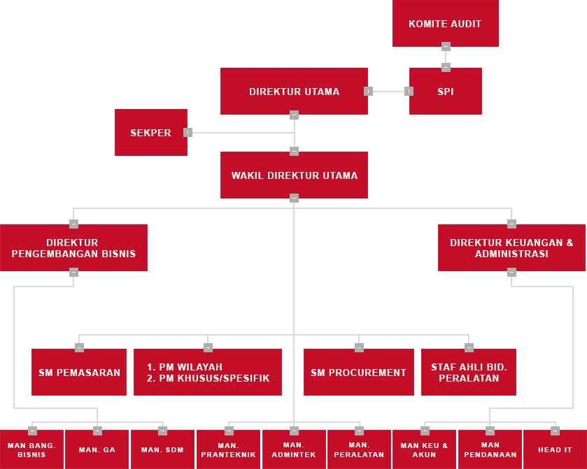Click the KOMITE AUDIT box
pos(445,24)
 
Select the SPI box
pos(445,92)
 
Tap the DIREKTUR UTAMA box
pos(294,92)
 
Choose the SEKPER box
pos(150,133)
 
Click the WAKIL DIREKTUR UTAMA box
pos(294,175)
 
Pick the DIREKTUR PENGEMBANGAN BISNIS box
pos(73,248)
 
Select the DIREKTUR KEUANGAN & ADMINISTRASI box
pos(511,248)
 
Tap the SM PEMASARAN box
pos(79,373)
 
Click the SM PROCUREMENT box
pos(358,373)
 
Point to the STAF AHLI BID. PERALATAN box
pos(469,373)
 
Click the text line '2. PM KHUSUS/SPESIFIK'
pos(208,379)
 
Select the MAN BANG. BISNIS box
pos(31,449)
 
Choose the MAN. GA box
pos(97,449)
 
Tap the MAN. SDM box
pos(162,449)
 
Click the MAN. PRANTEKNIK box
pos(229,449)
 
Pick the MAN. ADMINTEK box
pos(294,449)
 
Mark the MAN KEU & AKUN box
pos(424,449)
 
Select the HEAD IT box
pos(555,449)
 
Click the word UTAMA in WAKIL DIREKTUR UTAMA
pos(340,175)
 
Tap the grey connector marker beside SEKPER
pos(188,132)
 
